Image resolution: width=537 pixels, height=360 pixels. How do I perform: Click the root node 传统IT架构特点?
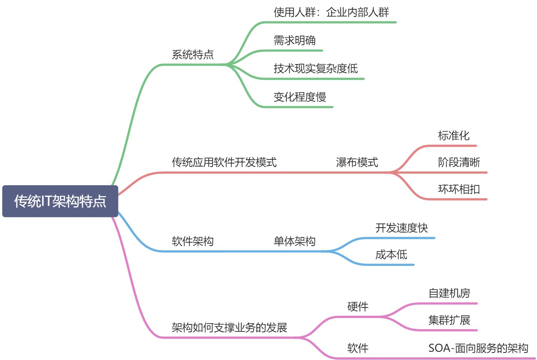(x=60, y=201)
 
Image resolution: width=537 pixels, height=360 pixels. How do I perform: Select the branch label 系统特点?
(x=193, y=55)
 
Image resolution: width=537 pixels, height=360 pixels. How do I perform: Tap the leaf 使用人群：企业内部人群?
(x=331, y=12)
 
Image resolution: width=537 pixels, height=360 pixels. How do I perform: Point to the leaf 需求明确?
(x=294, y=40)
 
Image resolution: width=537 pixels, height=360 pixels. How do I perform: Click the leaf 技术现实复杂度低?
(x=315, y=69)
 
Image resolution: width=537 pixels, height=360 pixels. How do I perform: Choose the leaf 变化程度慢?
(x=300, y=97)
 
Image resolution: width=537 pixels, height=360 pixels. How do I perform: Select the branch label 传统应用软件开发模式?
(x=224, y=162)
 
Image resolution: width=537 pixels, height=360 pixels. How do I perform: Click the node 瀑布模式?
(x=357, y=162)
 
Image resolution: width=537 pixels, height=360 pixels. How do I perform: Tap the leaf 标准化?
(x=453, y=136)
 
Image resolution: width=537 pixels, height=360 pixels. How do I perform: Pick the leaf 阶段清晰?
(x=459, y=162)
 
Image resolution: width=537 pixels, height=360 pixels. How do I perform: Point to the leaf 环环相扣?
(x=459, y=189)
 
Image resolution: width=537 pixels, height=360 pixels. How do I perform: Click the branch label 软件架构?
(x=193, y=241)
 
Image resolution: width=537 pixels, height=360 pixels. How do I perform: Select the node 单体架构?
(x=294, y=241)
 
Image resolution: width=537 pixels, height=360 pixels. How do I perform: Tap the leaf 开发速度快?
(x=401, y=228)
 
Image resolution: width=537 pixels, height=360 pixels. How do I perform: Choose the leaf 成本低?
(x=391, y=255)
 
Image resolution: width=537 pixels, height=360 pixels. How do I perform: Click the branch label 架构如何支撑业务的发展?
(x=229, y=328)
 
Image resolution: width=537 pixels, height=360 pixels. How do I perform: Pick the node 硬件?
(x=358, y=307)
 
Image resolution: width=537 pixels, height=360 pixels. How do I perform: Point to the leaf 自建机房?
(x=449, y=293)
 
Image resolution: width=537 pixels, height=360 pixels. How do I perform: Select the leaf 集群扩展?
(x=449, y=320)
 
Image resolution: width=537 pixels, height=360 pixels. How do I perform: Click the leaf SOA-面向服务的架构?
(x=478, y=348)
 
